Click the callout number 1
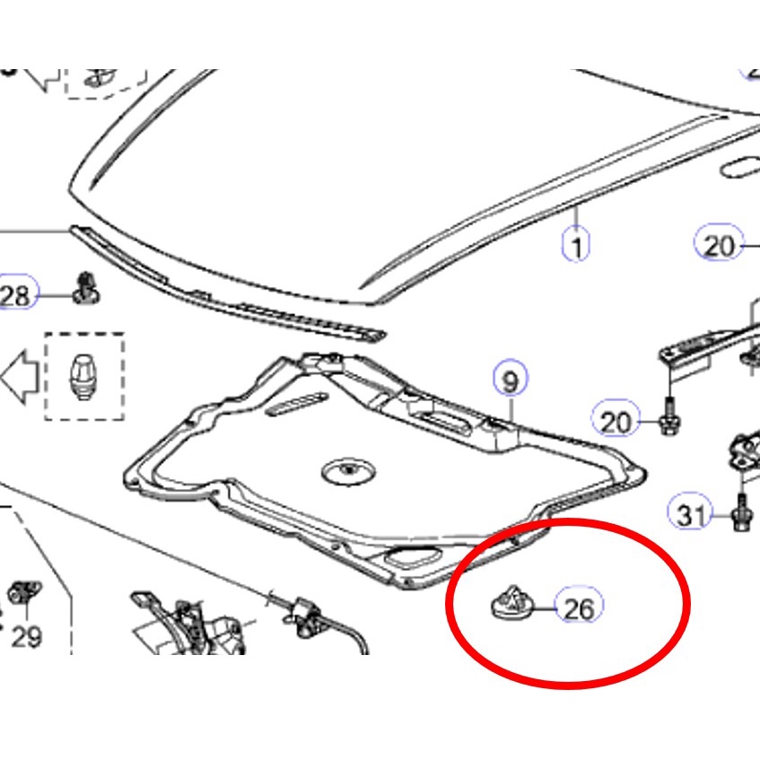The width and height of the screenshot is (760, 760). (x=576, y=245)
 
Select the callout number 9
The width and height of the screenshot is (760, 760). (x=511, y=380)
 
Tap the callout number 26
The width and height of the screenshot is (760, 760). (x=580, y=607)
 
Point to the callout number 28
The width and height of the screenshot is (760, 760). (x=15, y=295)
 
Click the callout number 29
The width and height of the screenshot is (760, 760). (x=27, y=636)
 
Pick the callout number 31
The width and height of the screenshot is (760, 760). (x=692, y=515)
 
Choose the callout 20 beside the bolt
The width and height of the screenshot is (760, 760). (x=616, y=422)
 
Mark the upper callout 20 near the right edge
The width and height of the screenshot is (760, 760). (x=719, y=245)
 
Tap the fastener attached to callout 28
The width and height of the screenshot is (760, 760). (x=86, y=288)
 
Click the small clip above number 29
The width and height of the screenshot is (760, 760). (x=24, y=591)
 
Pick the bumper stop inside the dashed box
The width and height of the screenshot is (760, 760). (x=83, y=377)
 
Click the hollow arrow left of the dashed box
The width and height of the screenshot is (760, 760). (x=21, y=377)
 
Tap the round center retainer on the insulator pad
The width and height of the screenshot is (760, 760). (x=349, y=471)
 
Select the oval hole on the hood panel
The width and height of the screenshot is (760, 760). (x=740, y=167)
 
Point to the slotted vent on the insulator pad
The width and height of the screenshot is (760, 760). (x=296, y=403)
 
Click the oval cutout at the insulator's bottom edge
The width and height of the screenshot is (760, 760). (x=414, y=557)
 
